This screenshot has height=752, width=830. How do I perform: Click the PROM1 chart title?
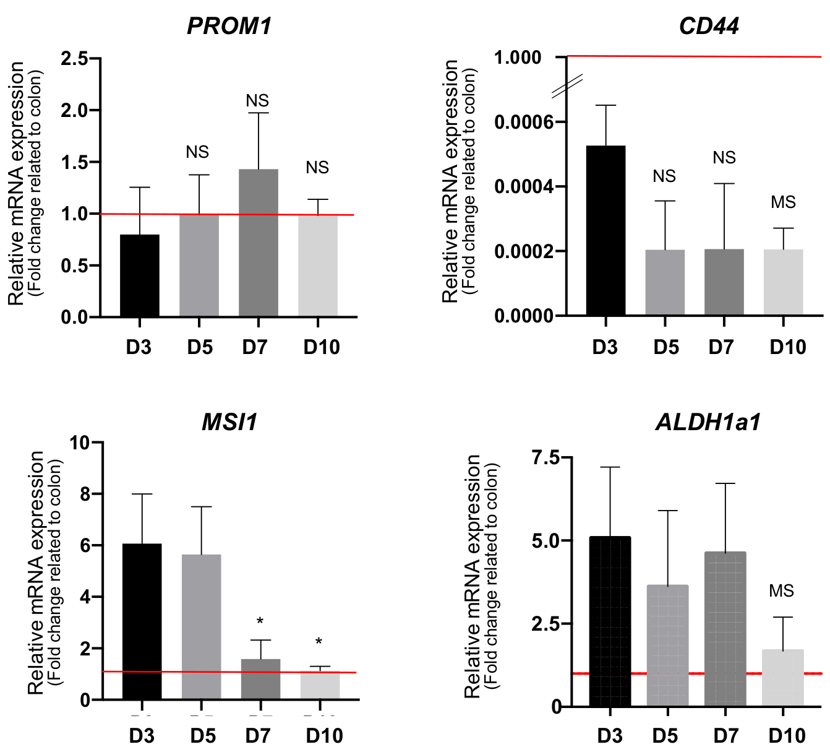point(229,26)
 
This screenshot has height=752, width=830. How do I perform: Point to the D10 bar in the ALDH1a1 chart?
point(783,678)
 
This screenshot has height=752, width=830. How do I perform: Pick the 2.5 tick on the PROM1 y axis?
point(81,59)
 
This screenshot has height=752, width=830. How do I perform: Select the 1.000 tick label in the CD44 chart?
point(518,58)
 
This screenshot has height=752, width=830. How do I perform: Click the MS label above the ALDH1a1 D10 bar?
point(781,591)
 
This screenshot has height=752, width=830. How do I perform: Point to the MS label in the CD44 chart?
point(783,202)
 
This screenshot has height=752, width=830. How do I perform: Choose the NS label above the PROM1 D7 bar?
point(257,101)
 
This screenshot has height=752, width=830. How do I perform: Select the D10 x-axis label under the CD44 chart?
point(787,347)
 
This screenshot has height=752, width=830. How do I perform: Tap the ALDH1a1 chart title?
point(708,422)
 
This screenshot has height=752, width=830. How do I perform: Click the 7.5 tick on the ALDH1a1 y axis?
point(544,458)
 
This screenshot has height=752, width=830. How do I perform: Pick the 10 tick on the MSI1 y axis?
point(80,443)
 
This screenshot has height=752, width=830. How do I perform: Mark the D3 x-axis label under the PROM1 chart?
point(139,347)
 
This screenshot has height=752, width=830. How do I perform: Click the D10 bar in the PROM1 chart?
point(318,266)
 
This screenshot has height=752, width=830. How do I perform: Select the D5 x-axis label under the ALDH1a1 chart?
point(665,736)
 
